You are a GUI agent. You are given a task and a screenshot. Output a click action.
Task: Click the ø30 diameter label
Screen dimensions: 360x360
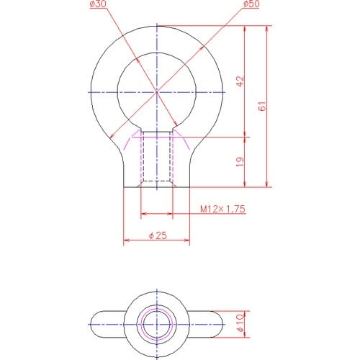(x=98, y=4)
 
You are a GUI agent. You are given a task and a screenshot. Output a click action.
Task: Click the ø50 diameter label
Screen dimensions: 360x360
(x=251, y=4)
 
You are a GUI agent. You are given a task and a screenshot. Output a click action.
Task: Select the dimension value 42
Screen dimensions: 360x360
(x=240, y=81)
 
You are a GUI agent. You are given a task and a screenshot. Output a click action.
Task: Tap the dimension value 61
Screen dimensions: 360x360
(x=262, y=106)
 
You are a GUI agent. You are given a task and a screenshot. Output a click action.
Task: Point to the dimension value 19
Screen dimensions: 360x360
(x=240, y=162)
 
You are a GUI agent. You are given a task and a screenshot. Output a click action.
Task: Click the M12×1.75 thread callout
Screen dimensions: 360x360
(x=222, y=209)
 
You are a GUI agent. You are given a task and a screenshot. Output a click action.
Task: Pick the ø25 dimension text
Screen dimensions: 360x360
(x=158, y=235)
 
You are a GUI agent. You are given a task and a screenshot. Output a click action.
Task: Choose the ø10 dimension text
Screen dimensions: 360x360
(x=240, y=323)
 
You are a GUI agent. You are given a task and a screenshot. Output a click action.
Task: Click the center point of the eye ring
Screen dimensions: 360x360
(x=157, y=92)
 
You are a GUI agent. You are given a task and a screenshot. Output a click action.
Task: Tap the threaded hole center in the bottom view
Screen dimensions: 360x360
(x=157, y=325)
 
